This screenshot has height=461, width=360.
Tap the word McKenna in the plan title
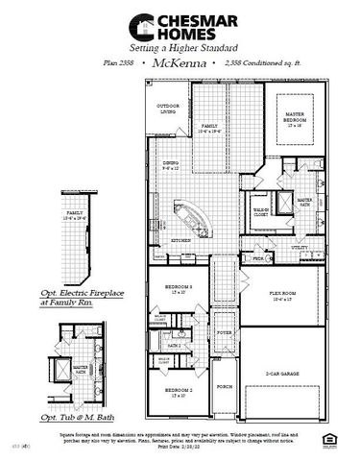coord(180,61)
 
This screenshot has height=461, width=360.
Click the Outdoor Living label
coord(169,109)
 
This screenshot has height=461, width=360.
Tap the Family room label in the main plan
coord(209,127)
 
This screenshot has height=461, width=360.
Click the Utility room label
coord(300,247)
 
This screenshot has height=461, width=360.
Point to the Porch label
coord(225,386)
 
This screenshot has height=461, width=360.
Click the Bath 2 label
coord(176,344)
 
